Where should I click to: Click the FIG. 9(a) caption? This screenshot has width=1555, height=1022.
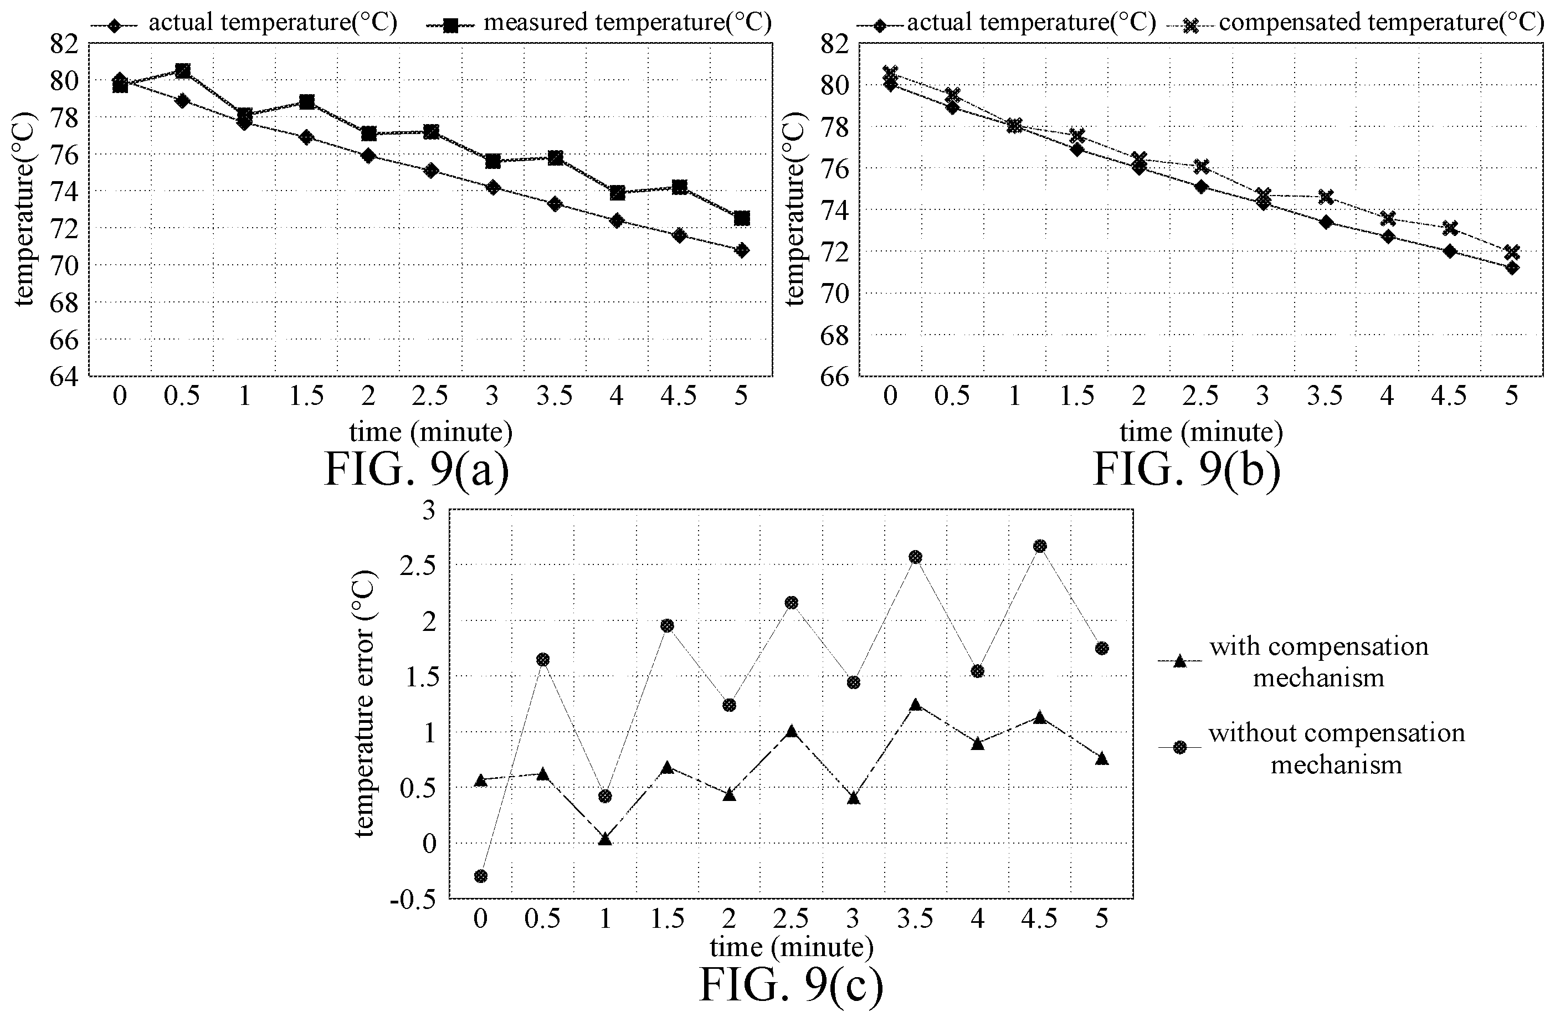click(416, 469)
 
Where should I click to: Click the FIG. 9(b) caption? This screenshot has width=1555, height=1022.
click(1187, 469)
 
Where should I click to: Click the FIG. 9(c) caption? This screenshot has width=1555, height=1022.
click(791, 984)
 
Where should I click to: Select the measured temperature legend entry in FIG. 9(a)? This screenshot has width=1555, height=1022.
click(598, 23)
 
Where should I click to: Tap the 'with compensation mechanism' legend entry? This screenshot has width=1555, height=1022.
click(1294, 662)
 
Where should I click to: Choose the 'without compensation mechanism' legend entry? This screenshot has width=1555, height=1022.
click(1312, 749)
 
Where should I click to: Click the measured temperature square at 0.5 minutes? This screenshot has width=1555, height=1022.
click(183, 70)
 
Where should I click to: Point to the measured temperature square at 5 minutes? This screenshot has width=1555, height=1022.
click(742, 218)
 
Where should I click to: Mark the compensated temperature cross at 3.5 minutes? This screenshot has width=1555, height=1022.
click(1325, 197)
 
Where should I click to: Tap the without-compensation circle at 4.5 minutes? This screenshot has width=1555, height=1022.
click(1040, 546)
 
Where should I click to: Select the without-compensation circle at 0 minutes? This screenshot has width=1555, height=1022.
click(481, 876)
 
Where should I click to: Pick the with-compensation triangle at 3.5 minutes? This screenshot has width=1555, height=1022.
click(915, 705)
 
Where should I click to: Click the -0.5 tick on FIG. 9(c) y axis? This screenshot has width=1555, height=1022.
click(412, 899)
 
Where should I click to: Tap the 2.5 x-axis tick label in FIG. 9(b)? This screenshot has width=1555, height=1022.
click(1200, 396)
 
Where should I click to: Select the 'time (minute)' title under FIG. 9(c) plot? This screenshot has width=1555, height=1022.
click(791, 947)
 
